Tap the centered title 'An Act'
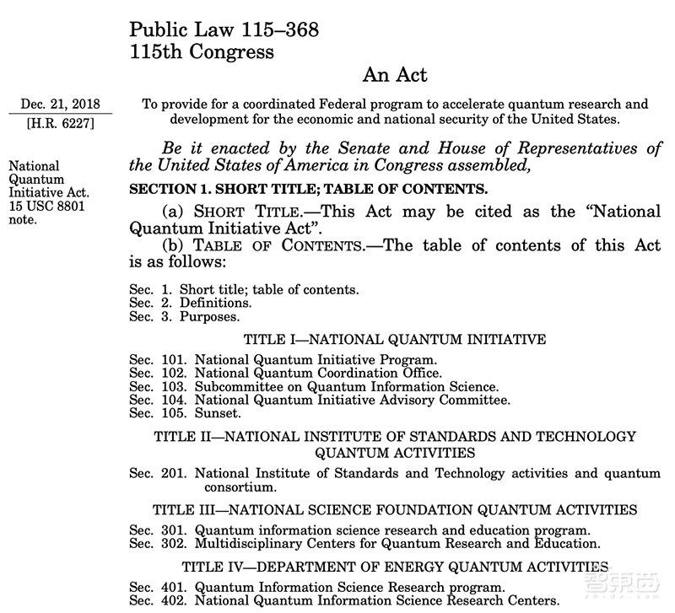coord(395,75)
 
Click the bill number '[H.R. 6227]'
coord(61,123)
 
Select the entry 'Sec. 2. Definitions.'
coord(190,303)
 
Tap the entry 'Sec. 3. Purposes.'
coord(184,317)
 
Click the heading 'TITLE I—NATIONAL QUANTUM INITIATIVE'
coord(395,340)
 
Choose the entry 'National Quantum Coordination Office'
coord(318,373)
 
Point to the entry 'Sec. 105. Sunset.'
coord(186,413)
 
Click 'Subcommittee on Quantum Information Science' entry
coord(347,386)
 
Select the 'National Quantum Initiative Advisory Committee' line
coord(353,400)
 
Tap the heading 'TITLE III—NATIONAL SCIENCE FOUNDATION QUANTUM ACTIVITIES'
coord(395,510)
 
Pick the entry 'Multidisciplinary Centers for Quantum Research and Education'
coord(397,543)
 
